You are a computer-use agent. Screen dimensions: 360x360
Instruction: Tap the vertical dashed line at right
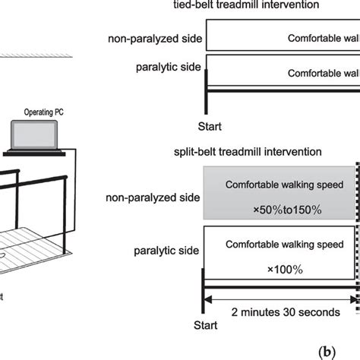(x=358, y=228)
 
